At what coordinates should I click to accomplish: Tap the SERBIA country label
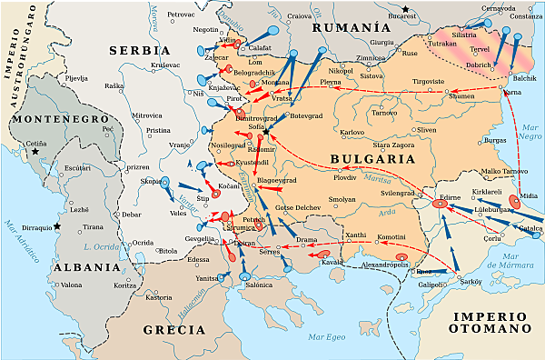click(140, 50)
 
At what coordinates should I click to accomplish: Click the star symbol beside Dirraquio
click(56, 225)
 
